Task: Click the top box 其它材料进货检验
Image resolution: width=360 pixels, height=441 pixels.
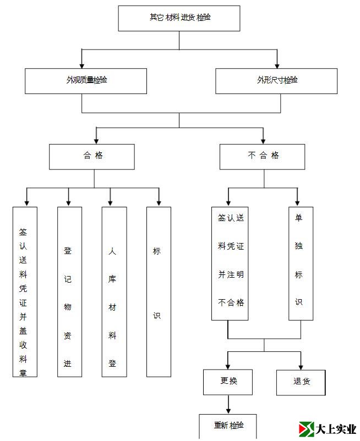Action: point(179,18)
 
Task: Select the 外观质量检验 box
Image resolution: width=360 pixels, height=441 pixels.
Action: point(86,81)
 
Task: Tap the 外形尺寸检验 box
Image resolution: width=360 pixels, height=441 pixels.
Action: point(276,81)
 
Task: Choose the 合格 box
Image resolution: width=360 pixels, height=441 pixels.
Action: point(91,156)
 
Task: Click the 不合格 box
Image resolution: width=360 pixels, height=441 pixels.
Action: point(262,156)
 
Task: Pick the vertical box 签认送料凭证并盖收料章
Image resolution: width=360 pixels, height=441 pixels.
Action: point(25,291)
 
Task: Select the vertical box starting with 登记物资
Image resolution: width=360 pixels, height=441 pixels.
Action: point(69,291)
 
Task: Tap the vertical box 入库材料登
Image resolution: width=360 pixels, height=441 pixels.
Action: point(114,291)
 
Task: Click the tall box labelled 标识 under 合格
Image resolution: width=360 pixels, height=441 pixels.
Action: point(159,291)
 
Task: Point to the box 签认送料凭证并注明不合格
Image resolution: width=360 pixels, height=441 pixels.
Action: point(230,263)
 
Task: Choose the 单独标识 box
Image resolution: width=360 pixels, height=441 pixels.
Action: point(301,263)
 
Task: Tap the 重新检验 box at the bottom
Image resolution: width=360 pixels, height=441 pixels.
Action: point(227,426)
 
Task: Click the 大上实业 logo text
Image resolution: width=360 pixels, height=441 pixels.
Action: point(336,429)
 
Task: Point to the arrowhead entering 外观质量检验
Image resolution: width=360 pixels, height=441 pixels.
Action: point(82,65)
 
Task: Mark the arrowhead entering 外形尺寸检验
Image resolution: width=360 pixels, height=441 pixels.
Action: point(277,65)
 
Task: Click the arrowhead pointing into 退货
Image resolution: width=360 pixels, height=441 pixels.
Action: point(301,366)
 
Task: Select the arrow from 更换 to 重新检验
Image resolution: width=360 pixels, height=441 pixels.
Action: point(228,405)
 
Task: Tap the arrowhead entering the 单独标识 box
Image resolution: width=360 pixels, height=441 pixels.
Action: point(297,203)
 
